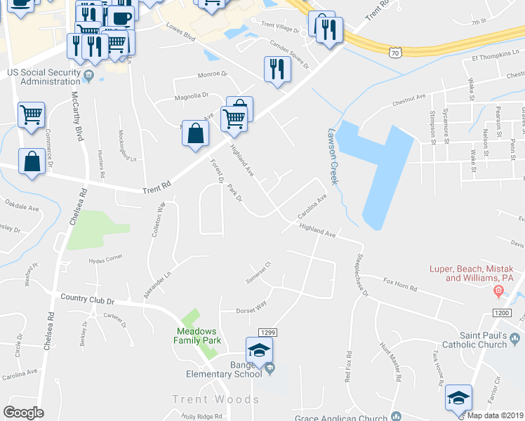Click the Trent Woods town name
click(x=216, y=399)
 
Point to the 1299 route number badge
click(x=266, y=333)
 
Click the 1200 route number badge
click(x=501, y=312)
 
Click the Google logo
click(x=23, y=413)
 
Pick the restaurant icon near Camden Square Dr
click(x=277, y=69)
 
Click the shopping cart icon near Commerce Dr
click(x=32, y=114)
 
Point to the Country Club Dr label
click(x=87, y=300)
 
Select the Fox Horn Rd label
click(x=400, y=284)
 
